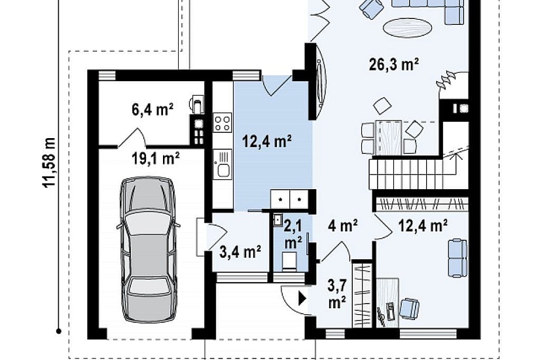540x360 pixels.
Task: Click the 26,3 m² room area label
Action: [393, 64]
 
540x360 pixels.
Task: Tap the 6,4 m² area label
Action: [153, 109]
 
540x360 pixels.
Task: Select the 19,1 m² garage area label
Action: [156, 159]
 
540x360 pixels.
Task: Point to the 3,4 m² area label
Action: [240, 252]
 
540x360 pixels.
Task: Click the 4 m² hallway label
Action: [342, 226]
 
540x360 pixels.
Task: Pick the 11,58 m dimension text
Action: [49, 162]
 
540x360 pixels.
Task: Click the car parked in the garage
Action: [148, 250]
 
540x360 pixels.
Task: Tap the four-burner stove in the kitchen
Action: [222, 123]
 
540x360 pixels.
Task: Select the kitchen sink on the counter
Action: [222, 164]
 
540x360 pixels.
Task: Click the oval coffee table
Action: [407, 27]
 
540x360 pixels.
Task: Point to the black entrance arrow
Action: [302, 298]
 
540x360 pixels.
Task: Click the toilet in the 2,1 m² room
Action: [288, 260]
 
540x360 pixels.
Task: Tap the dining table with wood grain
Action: [388, 137]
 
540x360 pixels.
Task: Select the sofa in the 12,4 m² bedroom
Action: [457, 257]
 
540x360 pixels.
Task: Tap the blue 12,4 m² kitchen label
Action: [267, 141]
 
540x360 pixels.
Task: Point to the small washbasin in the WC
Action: [278, 219]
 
